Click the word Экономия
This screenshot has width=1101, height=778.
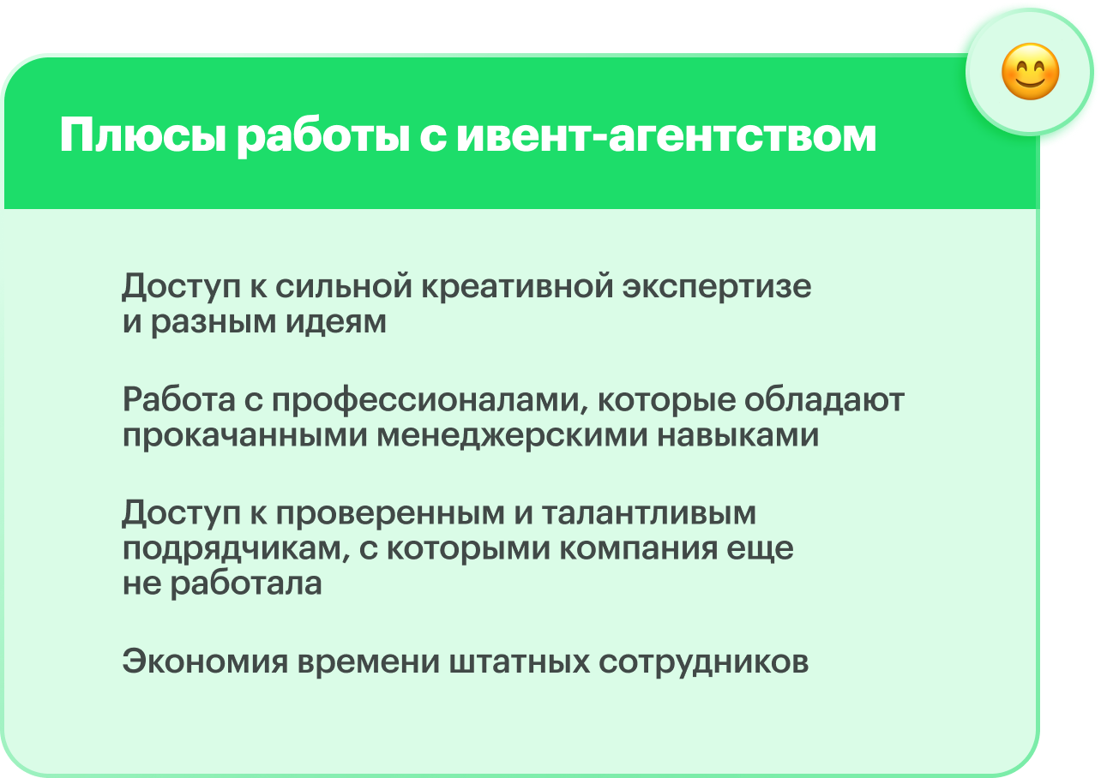(204, 662)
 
